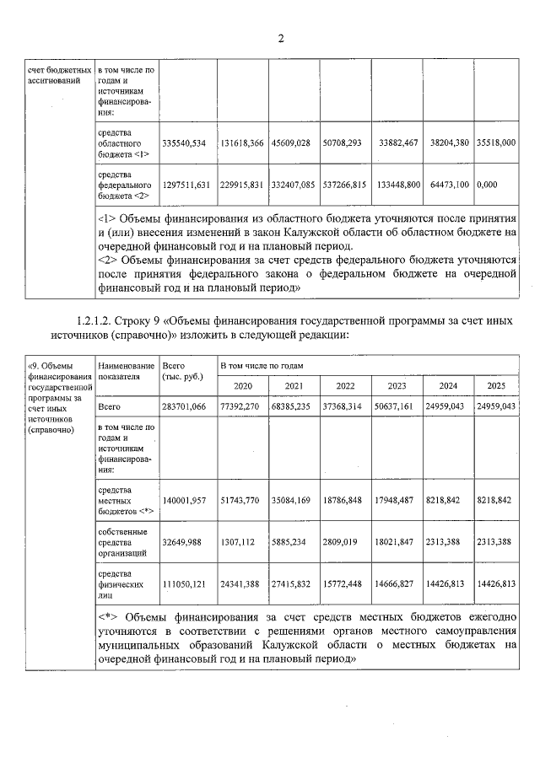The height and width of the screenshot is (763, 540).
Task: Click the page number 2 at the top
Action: pyautogui.click(x=282, y=39)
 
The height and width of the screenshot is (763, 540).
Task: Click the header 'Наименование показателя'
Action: pyautogui.click(x=126, y=372)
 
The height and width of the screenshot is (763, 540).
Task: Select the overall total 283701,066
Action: pyautogui.click(x=184, y=406)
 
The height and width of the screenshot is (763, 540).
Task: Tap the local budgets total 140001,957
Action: pyautogui.click(x=184, y=501)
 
